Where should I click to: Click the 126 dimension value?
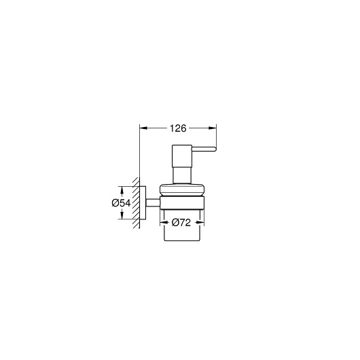pos(178,128)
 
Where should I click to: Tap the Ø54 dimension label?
pos(121,203)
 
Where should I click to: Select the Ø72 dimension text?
pos(181,222)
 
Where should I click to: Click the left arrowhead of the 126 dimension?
pos(143,128)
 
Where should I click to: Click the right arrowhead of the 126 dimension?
pos(213,128)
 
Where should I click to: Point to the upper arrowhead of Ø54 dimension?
pos(122,190)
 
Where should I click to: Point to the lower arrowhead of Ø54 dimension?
pos(122,215)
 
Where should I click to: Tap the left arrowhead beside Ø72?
pos(164,222)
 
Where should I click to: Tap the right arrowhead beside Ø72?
pos(200,222)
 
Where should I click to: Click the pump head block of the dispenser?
pos(182,156)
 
